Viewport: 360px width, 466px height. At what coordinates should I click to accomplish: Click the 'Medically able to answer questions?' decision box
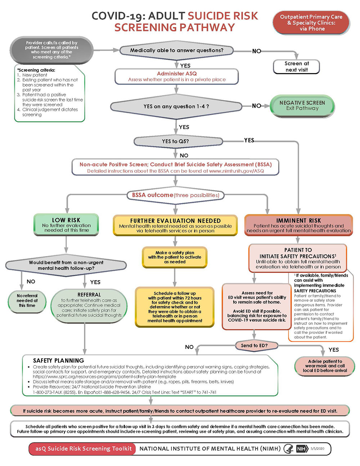[x=176, y=50]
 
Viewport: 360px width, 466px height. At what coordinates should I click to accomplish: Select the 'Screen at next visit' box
[x=297, y=67]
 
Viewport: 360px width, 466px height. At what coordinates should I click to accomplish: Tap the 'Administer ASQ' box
[x=176, y=76]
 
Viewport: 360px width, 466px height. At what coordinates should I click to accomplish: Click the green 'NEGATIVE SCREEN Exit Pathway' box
[x=302, y=106]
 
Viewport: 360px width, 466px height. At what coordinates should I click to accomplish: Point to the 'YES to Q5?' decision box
[x=175, y=141]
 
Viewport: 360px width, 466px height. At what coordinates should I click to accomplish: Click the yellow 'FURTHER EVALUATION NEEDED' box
[x=175, y=225]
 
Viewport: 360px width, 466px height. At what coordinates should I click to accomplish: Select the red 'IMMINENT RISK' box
[x=298, y=225]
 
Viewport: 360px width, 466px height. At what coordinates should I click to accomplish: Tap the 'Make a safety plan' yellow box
[x=175, y=257]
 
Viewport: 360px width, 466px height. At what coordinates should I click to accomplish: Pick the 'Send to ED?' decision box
[x=254, y=345]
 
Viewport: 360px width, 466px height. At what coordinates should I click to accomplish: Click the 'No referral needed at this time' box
[x=27, y=300]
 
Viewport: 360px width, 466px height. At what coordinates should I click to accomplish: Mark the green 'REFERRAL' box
[x=89, y=305]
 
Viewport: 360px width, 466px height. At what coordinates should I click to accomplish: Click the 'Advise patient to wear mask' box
[x=325, y=366]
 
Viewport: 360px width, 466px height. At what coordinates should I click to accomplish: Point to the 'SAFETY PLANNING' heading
[x=58, y=360]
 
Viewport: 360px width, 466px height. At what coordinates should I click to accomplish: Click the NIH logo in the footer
[x=301, y=449]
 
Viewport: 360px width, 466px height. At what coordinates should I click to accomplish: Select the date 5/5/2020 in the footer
[x=318, y=449]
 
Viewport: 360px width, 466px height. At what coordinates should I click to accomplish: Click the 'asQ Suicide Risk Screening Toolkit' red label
[x=83, y=449]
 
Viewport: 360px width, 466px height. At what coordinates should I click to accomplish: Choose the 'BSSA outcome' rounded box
[x=175, y=195]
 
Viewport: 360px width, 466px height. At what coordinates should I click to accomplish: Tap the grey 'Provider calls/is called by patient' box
[x=51, y=50]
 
